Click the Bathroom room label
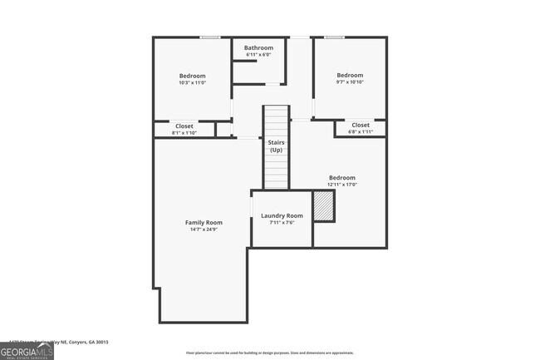click(258, 48)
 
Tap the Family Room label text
click(204, 222)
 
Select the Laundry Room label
click(282, 215)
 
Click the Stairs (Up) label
click(277, 146)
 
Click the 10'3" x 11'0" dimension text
click(192, 82)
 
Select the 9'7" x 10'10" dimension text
click(349, 82)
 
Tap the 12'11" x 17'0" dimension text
click(342, 185)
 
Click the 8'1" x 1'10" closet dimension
click(184, 133)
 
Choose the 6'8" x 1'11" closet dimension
click(361, 131)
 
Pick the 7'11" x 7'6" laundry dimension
click(282, 222)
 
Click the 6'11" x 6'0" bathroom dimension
click(258, 55)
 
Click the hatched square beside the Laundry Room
click(323, 205)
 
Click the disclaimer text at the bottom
click(269, 353)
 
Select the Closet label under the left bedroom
click(184, 126)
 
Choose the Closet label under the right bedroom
click(361, 125)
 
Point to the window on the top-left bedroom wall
click(210, 37)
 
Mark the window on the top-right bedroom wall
click(335, 37)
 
